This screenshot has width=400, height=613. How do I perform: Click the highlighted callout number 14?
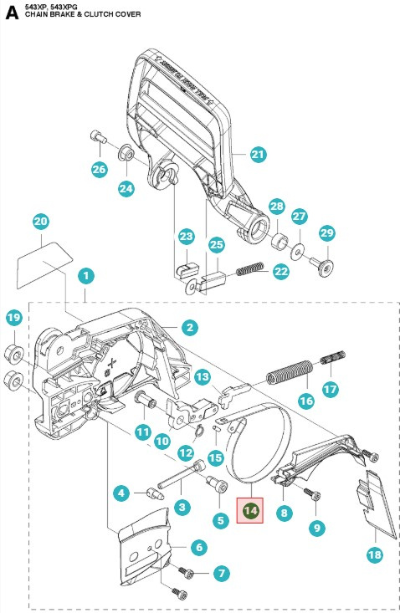(x=249, y=508)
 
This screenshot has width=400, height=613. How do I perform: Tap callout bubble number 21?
(x=257, y=154)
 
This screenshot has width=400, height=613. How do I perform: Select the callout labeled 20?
(x=41, y=222)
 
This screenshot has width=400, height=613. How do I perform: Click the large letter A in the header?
(x=12, y=13)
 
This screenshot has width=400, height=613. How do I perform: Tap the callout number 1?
(x=86, y=274)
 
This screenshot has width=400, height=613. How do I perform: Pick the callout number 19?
(x=13, y=318)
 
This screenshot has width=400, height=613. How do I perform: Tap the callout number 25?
(x=217, y=244)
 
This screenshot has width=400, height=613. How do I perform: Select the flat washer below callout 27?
(x=299, y=249)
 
